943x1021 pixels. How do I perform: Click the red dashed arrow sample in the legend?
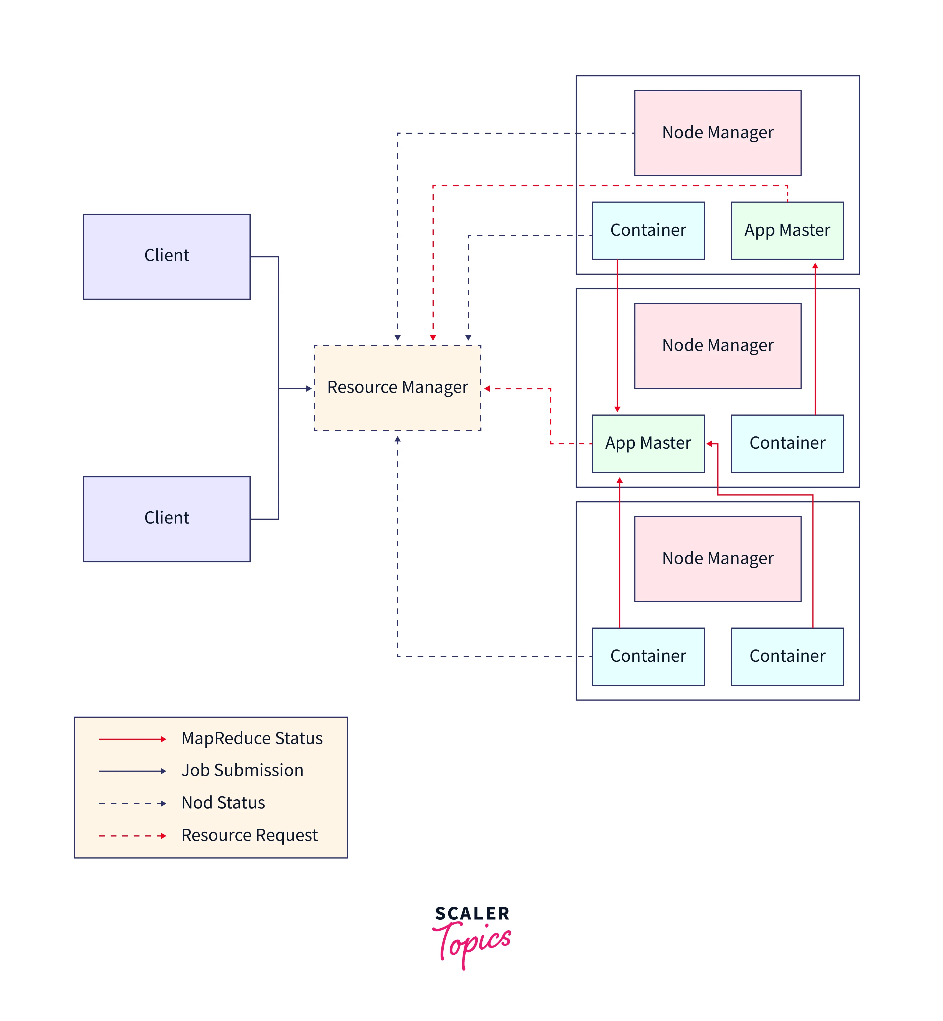(x=132, y=836)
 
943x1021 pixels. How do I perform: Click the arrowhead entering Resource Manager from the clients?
(x=309, y=388)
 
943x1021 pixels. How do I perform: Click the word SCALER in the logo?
(x=472, y=913)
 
